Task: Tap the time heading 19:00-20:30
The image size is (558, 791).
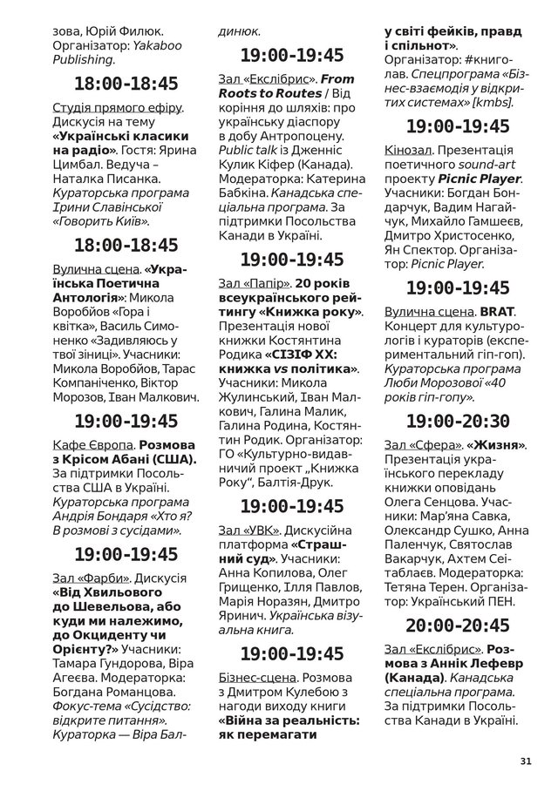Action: (x=458, y=421)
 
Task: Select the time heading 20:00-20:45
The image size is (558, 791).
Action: (x=458, y=625)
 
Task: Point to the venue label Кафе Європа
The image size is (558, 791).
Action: (x=93, y=444)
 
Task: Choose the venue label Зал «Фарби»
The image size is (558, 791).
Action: (x=92, y=577)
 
